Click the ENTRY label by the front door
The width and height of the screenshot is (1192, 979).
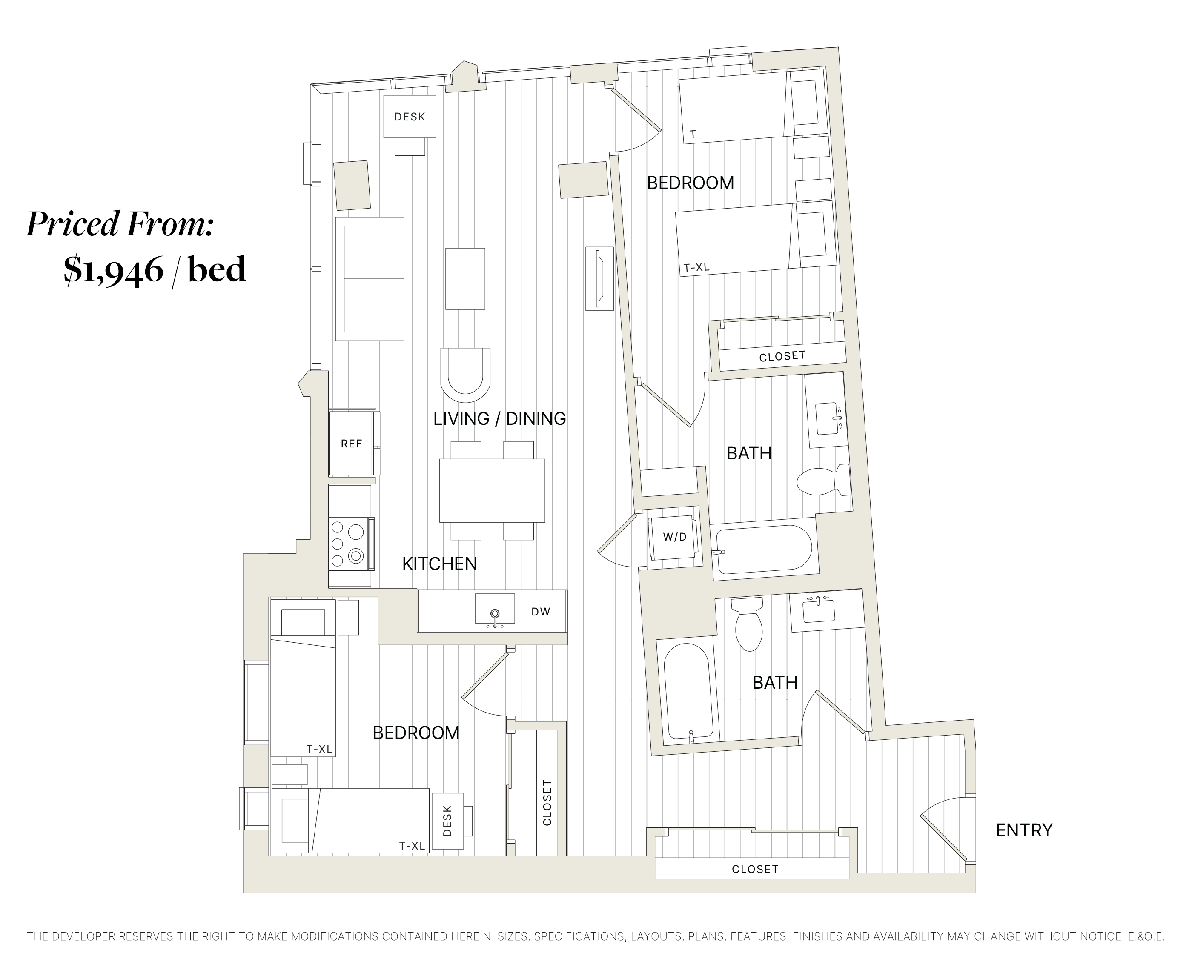coord(1024,830)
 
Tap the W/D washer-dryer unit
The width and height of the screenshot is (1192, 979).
coord(674,537)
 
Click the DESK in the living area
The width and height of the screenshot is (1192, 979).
coord(410,117)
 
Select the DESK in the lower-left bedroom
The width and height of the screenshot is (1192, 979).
coord(448,821)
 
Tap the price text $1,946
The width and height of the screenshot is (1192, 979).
coord(113,269)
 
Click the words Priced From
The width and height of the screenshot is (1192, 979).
coord(120,224)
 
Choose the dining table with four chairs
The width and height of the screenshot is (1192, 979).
coord(492,490)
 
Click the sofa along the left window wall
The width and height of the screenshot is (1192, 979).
coord(370,278)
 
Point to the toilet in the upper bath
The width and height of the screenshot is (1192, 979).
coord(823,481)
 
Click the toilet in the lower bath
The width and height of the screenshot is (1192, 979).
coord(748,626)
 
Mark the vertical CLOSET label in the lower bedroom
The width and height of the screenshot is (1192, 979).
coord(546,802)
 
